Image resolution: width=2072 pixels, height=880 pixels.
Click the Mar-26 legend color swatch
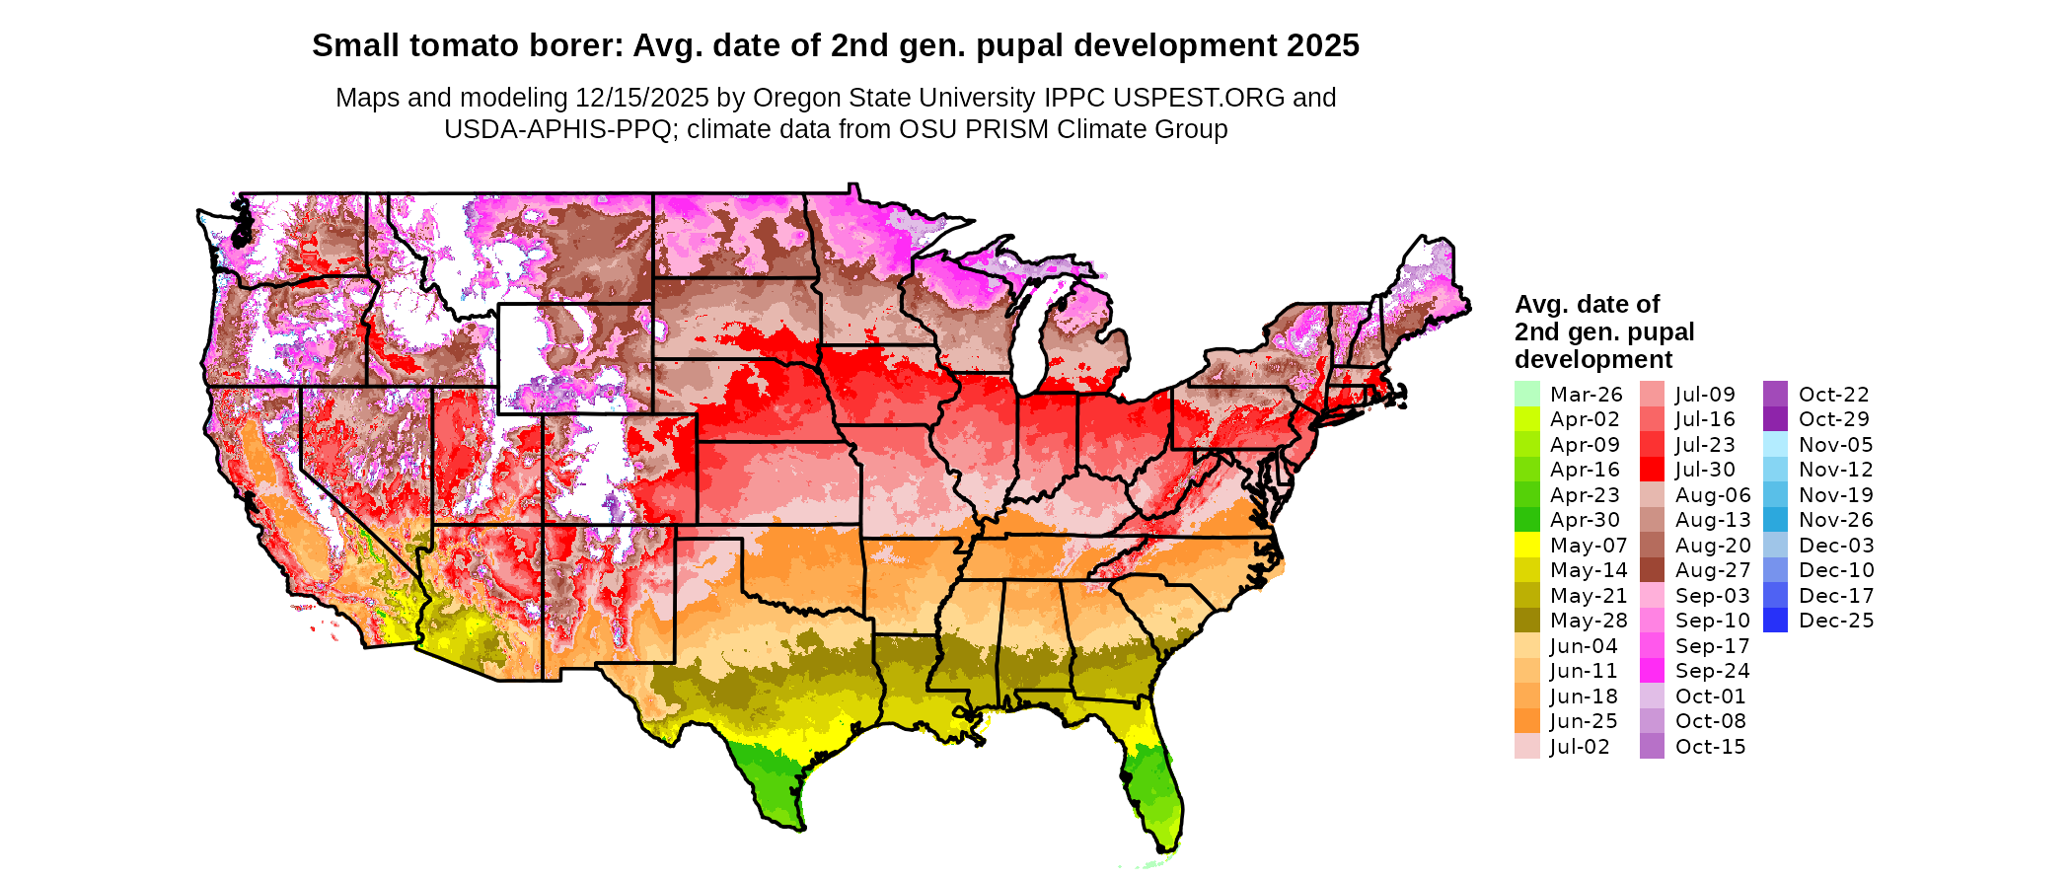[x=1526, y=394]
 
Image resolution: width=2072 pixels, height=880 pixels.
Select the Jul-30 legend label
[x=1705, y=470]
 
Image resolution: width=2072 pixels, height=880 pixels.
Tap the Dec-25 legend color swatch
[x=1775, y=621]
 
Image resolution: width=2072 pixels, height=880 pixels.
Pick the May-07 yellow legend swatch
[x=1526, y=545]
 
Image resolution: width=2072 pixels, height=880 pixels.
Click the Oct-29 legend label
[x=1833, y=419]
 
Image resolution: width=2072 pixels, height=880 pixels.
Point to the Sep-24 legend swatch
[x=1652, y=671]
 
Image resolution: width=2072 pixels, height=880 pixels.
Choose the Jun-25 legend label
[x=1583, y=721]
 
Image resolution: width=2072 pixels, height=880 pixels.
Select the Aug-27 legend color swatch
[x=1652, y=570]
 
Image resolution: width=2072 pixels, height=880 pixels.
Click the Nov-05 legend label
[x=1835, y=445]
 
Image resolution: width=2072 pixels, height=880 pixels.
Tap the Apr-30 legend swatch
[x=1526, y=520]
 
